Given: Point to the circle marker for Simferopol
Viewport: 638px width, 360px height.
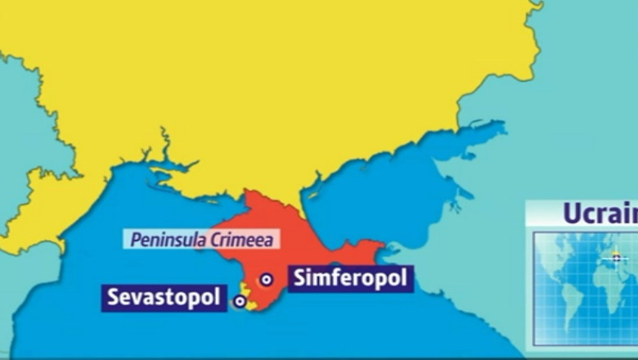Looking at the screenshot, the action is coord(266,280).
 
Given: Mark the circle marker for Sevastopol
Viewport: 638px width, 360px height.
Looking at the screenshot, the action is coord(239,301).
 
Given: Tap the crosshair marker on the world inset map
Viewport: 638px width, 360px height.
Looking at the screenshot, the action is coord(616,256).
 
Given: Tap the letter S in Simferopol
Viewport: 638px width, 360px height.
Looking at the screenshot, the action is coord(296,278).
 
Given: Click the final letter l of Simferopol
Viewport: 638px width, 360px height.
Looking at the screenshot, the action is coord(402,278).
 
